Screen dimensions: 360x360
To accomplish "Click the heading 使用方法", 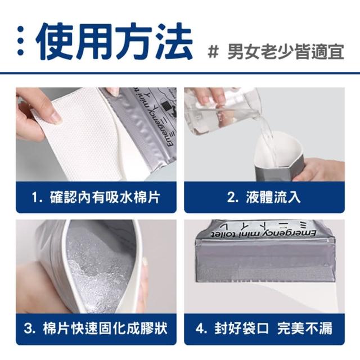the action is coord(114,42).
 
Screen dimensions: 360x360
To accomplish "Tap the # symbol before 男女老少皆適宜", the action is coord(213,52).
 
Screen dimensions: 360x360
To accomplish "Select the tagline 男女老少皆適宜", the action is coord(286,52).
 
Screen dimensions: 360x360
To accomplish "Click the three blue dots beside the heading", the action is coord(20,41).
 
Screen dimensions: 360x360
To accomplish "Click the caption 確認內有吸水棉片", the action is coord(105,197).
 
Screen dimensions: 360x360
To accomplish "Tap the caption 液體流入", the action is coord(273,197).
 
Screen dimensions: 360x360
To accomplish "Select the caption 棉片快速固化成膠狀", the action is coord(105,328).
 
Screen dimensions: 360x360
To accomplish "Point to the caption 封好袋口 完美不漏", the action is coord(273,328).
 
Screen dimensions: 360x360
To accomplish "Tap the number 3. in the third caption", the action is coord(30,328).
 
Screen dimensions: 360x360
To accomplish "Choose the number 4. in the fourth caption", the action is coord(201,328).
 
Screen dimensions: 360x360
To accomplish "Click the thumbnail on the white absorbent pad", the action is coord(55,117).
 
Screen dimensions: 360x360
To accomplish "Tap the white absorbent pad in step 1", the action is coord(78,136).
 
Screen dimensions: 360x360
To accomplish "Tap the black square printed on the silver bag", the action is coord(165,106).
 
